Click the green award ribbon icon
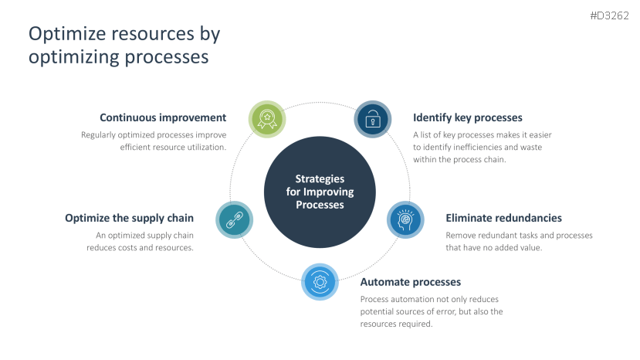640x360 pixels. click(267, 119)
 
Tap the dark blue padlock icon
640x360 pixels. click(373, 119)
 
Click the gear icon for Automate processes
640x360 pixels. click(320, 282)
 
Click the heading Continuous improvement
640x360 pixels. click(163, 118)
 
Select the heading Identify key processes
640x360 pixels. click(468, 118)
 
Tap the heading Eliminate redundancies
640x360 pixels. click(503, 219)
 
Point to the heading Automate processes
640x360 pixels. click(410, 282)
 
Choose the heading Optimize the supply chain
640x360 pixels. click(129, 219)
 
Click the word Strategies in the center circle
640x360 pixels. click(320, 179)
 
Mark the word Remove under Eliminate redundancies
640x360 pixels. click(461, 236)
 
